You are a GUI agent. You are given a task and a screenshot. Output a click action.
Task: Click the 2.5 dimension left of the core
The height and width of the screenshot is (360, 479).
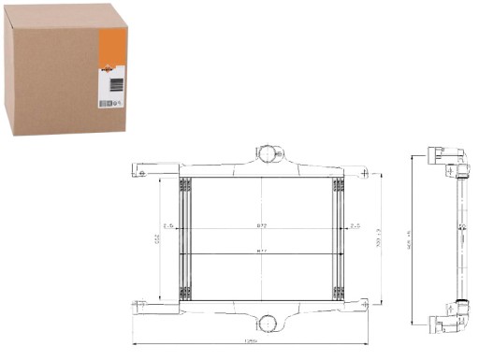(x=169, y=225)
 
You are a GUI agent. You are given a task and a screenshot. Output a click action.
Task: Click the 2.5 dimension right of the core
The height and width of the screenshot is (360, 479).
(x=355, y=225)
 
